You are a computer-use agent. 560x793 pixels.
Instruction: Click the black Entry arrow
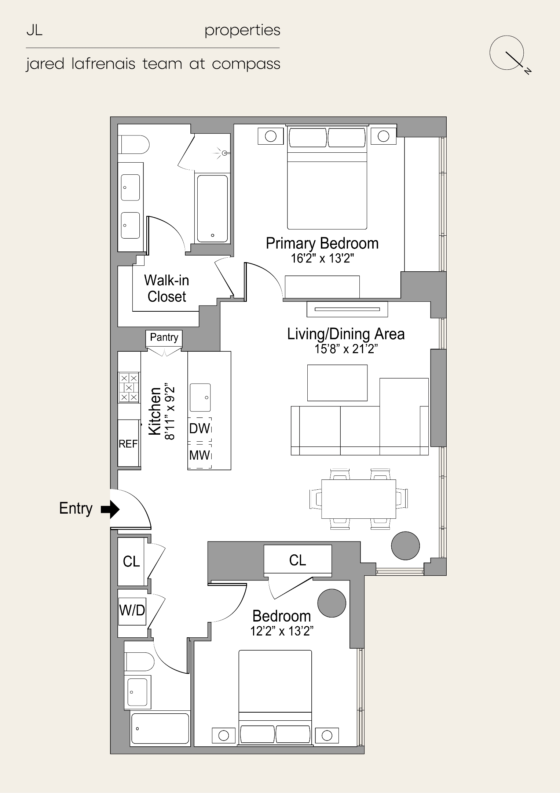coord(110,509)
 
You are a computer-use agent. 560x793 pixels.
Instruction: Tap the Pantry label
coord(164,337)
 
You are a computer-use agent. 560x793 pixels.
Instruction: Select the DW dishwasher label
coord(200,428)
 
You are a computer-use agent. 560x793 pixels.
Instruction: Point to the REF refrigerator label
coord(128,444)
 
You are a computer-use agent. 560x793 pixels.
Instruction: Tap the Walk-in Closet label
coord(166,289)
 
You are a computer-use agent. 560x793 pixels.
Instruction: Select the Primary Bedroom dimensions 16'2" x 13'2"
coord(322,258)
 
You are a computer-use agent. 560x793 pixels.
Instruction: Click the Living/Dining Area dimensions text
coord(346,349)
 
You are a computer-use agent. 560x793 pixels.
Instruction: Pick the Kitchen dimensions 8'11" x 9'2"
coord(170,413)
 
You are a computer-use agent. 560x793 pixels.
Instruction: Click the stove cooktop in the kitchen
coord(129,387)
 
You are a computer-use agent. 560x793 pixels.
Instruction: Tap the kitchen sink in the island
coord(200,398)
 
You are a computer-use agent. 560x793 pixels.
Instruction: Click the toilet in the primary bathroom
coord(133,145)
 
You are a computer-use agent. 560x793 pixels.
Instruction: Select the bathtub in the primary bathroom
coord(212,209)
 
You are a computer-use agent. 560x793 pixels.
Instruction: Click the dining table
coord(359,499)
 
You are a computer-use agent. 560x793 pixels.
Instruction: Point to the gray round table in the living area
coord(405,546)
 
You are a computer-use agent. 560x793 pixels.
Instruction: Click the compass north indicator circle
coord(506,52)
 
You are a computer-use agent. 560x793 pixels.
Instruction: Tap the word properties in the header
coord(242,30)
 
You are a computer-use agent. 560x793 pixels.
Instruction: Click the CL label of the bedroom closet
coord(297,560)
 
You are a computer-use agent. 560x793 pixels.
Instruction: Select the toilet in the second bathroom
coord(139,662)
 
